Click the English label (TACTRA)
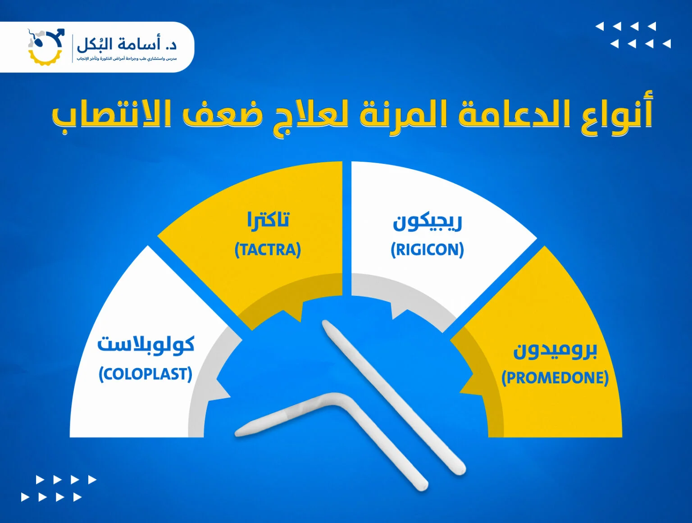click(268, 250)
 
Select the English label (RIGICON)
click(427, 250)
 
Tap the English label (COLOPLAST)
click(146, 374)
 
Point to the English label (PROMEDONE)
click(555, 377)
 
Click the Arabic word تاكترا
click(268, 220)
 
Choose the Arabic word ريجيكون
click(427, 222)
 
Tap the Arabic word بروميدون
click(555, 350)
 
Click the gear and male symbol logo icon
click(46, 46)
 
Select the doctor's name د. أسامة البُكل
click(127, 44)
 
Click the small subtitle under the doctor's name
click(127, 59)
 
